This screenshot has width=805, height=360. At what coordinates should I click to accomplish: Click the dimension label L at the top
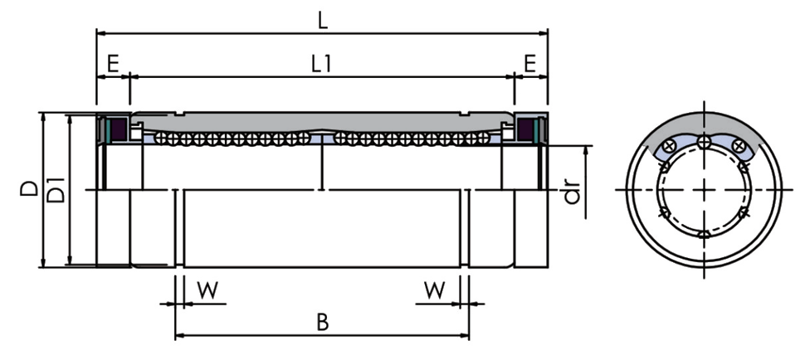(322, 18)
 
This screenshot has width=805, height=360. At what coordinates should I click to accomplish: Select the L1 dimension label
(322, 64)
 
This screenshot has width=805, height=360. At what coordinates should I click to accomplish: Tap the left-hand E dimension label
(112, 63)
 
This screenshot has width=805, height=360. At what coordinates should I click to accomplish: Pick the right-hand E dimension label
(529, 63)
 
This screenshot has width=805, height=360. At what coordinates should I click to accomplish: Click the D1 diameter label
(56, 192)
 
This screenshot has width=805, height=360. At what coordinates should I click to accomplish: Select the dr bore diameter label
(572, 192)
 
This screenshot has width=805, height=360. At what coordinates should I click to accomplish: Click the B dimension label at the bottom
(323, 323)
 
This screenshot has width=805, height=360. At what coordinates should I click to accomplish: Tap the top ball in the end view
(704, 143)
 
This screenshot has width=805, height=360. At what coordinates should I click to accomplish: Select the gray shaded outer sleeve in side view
(322, 121)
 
